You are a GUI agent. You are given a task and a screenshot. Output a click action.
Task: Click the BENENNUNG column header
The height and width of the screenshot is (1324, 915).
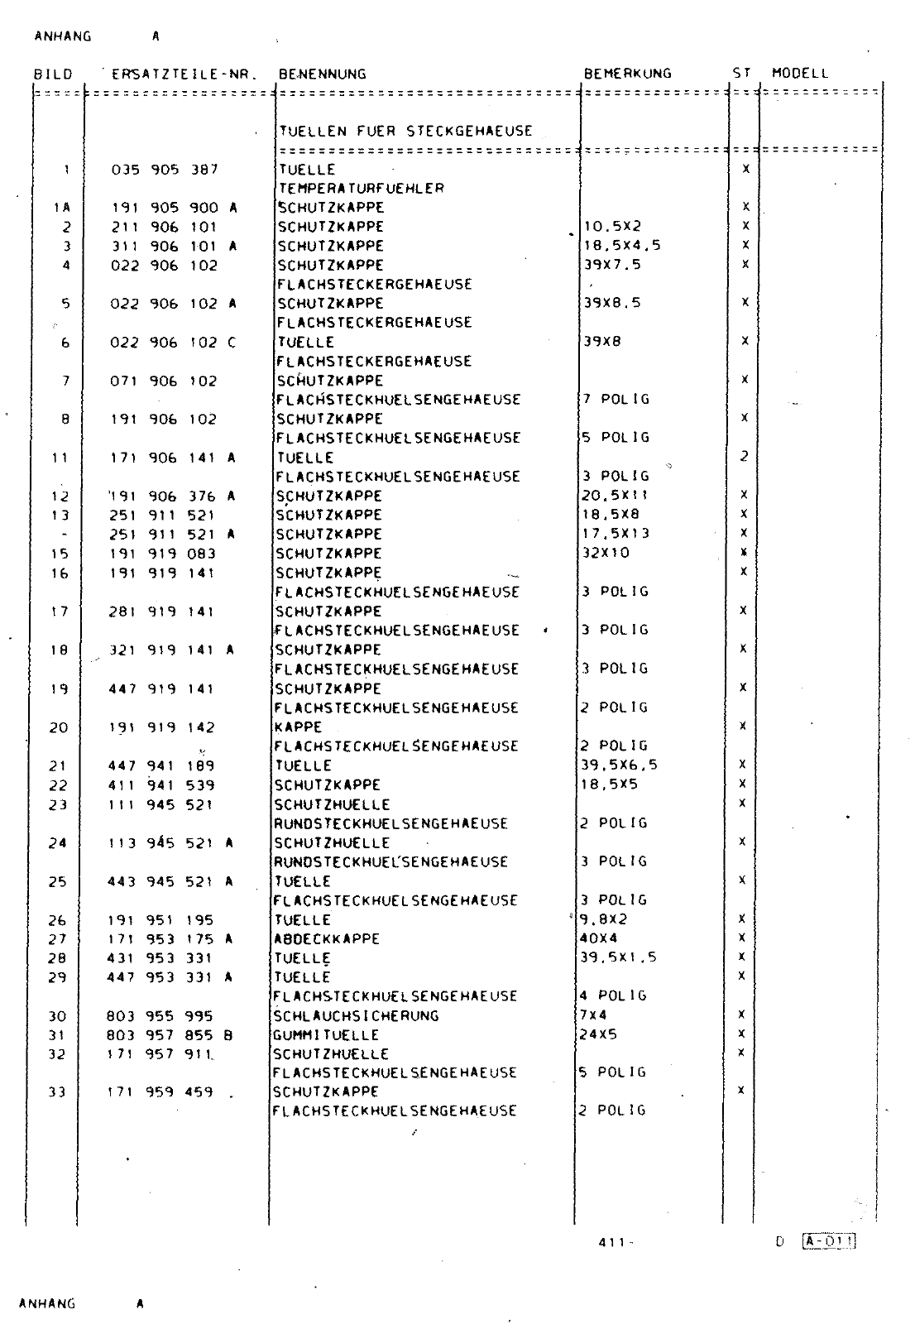[322, 74]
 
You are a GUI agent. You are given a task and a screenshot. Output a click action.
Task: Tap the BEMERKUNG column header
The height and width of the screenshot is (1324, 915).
[627, 74]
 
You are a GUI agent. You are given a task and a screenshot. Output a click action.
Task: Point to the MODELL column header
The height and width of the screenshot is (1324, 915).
[799, 73]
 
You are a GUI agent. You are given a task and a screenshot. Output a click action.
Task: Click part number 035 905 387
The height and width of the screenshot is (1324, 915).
[165, 170]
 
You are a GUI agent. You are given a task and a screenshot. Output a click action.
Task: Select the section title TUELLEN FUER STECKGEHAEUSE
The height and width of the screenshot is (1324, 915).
[405, 131]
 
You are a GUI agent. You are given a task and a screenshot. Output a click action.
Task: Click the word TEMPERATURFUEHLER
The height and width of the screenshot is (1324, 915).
[361, 189]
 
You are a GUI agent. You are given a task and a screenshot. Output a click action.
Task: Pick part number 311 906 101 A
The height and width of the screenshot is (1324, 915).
[174, 246]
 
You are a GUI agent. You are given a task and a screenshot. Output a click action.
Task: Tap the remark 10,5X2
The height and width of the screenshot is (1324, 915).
[612, 227]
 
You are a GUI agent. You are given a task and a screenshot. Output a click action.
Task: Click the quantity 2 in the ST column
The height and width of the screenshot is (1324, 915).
[744, 457]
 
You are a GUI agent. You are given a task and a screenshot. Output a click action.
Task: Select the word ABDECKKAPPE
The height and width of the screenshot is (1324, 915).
[327, 939]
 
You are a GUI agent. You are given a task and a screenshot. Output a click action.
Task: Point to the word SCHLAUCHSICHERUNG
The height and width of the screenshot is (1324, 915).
[356, 1016]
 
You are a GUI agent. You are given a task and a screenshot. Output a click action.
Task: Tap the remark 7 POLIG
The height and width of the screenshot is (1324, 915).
[615, 400]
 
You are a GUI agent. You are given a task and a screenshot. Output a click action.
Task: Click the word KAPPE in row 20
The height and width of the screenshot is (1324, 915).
[298, 727]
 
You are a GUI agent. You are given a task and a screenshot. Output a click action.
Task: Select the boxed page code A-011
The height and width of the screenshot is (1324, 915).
[827, 1240]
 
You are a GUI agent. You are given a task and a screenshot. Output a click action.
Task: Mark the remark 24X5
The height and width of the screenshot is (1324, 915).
[598, 1034]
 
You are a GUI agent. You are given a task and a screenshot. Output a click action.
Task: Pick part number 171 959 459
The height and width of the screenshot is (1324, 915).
[160, 1092]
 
